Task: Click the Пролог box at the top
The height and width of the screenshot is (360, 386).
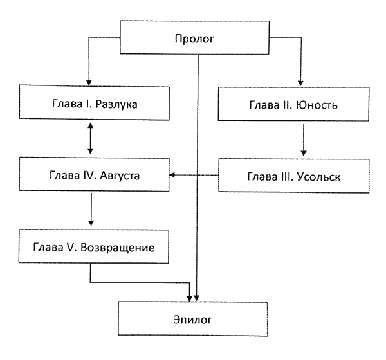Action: click(194, 39)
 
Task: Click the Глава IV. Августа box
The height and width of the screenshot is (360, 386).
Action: click(94, 175)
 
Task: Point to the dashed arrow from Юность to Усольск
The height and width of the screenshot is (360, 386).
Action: click(303, 139)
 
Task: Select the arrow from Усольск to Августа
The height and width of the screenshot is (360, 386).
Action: click(194, 174)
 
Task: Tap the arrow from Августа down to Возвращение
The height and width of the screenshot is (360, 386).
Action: click(92, 209)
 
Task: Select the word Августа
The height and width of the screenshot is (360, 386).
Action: click(120, 175)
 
